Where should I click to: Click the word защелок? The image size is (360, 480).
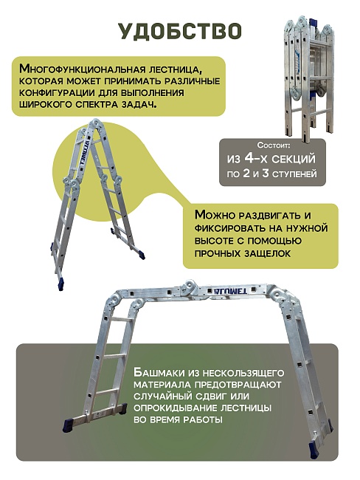pyautogui.click(x=263, y=253)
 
